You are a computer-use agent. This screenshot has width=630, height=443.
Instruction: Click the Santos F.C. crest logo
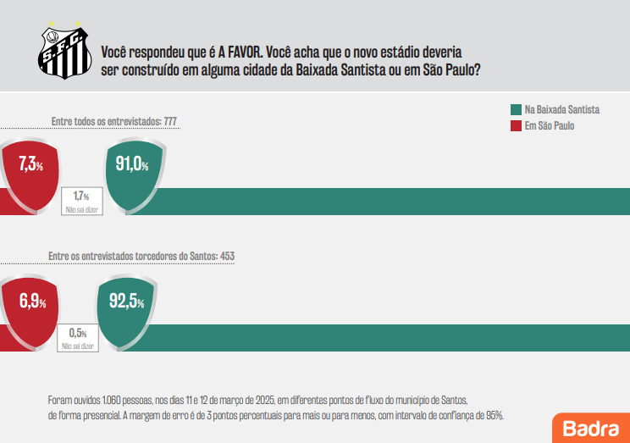click(x=63, y=53)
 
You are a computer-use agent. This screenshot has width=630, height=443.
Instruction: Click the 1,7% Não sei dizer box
click(x=82, y=200)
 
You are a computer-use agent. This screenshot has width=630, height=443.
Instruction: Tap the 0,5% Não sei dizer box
click(x=78, y=338)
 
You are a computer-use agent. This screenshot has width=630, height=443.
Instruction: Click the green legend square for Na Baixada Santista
click(x=515, y=110)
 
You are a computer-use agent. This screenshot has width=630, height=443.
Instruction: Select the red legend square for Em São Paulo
click(x=515, y=126)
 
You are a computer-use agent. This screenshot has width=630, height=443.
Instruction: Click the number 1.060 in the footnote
click(x=115, y=400)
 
